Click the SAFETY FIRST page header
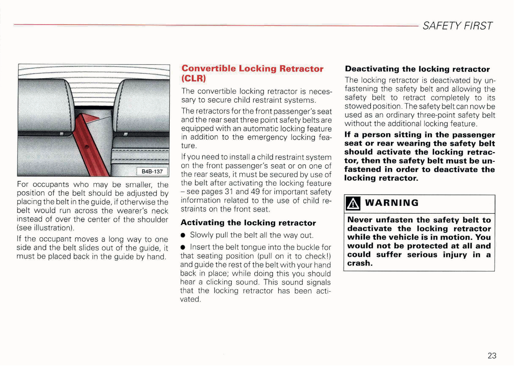458,26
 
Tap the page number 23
492,355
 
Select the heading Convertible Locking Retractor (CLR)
252,73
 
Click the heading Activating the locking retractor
248,223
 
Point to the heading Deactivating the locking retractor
417,69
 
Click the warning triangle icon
352,203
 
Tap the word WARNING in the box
392,203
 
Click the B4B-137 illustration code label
152,171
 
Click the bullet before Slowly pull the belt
183,235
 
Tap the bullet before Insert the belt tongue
183,248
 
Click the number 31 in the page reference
229,192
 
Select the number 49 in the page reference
255,192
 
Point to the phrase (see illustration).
45,228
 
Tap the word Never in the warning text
360,220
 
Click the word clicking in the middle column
219,282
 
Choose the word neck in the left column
160,211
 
